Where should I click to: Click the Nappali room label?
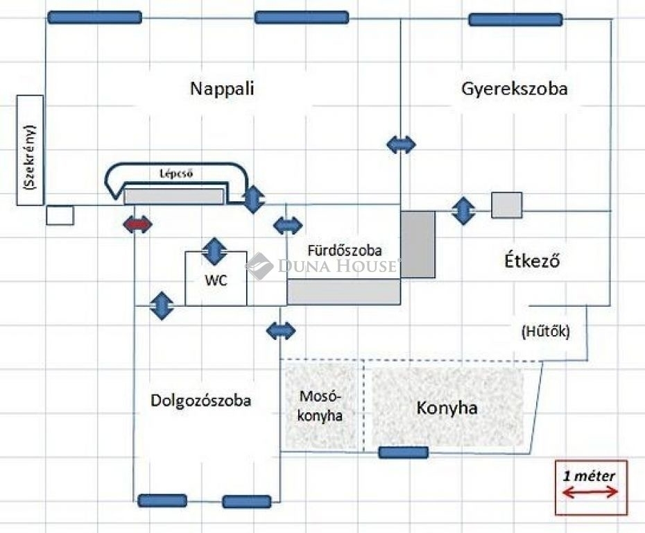click(222, 89)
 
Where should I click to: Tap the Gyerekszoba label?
click(515, 89)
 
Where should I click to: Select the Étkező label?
click(532, 261)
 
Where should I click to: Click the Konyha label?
click(447, 408)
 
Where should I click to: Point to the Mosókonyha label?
click(320, 406)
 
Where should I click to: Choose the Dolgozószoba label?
click(200, 400)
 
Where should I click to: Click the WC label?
click(216, 280)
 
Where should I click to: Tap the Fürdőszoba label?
click(345, 251)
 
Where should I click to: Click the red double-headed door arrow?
click(137, 225)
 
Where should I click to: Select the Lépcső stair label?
click(176, 174)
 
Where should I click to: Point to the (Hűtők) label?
click(545, 331)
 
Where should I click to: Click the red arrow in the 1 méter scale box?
click(590, 492)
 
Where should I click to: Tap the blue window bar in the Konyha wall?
click(403, 452)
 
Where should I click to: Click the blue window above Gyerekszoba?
click(515, 19)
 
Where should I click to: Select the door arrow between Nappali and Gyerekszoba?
click(401, 144)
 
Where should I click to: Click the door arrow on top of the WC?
click(214, 251)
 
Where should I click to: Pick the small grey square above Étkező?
click(507, 205)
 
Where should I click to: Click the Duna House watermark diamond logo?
click(259, 266)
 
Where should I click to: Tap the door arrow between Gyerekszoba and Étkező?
click(463, 211)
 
